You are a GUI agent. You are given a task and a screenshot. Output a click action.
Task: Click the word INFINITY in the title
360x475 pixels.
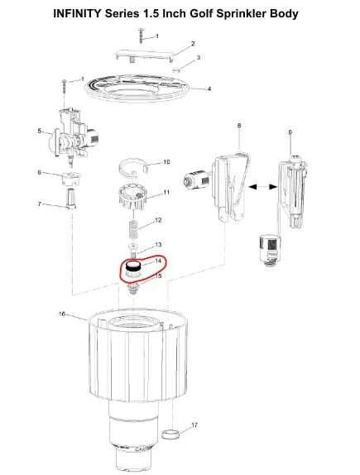[x=77, y=13]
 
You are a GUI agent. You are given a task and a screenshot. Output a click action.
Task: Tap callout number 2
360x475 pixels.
[x=193, y=44]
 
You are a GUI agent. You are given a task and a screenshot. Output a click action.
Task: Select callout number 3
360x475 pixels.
[x=199, y=58]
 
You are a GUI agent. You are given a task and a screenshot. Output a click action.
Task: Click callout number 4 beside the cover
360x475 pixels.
[x=209, y=89]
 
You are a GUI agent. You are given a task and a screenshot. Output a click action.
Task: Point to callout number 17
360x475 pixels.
[x=194, y=425]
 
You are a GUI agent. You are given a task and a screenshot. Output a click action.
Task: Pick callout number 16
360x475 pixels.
[x=62, y=314]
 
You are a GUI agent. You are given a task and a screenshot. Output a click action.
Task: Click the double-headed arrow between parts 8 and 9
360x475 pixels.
[x=262, y=187]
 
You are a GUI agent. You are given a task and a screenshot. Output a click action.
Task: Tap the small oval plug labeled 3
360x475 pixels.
[x=176, y=70]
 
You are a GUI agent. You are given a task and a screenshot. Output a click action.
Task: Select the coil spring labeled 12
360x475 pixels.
[x=132, y=231]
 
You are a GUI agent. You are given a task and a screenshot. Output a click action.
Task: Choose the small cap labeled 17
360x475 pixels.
[x=170, y=434]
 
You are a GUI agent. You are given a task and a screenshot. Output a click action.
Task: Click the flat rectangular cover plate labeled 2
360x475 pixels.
[x=145, y=55]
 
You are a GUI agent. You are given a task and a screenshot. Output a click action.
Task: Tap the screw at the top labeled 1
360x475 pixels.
[x=141, y=36]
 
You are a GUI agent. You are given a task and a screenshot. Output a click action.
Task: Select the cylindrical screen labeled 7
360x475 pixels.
[x=70, y=199]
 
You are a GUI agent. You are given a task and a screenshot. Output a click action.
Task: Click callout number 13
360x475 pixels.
[x=158, y=245]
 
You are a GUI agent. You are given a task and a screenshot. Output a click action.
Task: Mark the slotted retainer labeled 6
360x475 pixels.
[x=70, y=179]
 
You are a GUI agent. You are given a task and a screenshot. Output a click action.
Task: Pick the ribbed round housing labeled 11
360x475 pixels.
[x=132, y=196]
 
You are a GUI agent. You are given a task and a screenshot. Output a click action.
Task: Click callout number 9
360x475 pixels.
[x=290, y=132]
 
